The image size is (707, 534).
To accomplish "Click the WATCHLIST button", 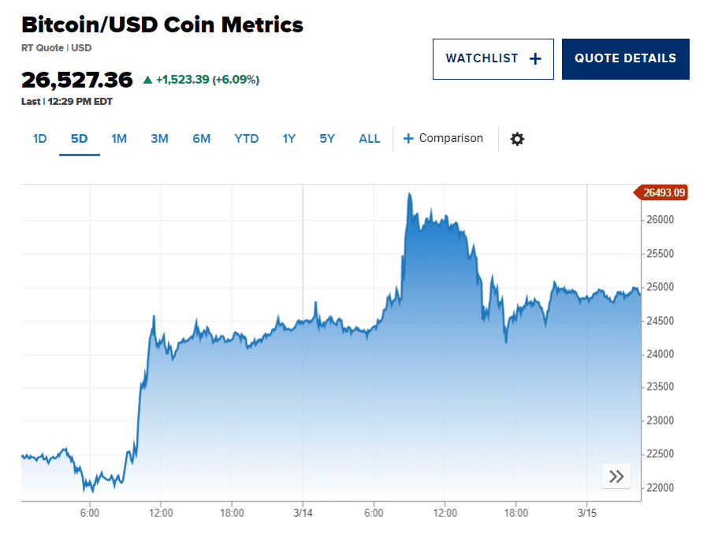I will [493, 58].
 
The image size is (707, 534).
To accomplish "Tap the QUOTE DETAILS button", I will [625, 58].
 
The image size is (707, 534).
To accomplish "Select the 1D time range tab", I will [40, 139].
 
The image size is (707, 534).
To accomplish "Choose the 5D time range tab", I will [79, 139].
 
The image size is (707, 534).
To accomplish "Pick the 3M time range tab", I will [159, 139].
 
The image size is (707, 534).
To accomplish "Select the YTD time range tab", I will [246, 139].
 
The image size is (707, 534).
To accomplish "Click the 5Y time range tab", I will [327, 139].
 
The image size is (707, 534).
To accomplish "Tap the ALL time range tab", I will [369, 139].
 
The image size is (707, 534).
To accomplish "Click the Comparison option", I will [443, 139].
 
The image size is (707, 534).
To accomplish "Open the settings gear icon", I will [517, 139].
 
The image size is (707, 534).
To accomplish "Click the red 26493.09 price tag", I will [662, 192].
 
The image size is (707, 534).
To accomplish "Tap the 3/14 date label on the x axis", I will [303, 513].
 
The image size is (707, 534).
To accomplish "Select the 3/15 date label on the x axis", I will [586, 513].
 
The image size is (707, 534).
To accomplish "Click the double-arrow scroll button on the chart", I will [616, 476].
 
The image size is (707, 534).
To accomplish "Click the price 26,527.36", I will [77, 80].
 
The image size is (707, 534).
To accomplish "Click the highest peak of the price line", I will [409, 193].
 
